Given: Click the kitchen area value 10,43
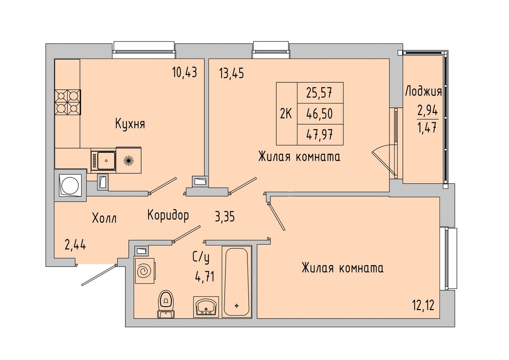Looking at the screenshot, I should click(185, 73).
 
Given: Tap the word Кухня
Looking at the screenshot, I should click(130, 124).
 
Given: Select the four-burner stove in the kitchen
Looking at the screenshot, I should click(68, 102).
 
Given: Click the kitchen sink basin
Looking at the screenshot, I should click(106, 161).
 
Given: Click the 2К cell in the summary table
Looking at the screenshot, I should click(286, 114).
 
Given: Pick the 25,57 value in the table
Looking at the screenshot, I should click(319, 93).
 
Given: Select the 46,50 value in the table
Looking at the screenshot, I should click(319, 114).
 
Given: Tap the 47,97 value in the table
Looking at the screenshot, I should click(319, 135).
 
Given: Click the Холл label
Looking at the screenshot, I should click(104, 218).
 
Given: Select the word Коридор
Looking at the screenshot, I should click(168, 215).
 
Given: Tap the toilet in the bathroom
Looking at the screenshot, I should click(166, 303).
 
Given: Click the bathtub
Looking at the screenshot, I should click(237, 281).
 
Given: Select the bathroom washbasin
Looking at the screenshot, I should click(206, 307).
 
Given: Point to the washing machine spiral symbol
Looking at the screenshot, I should click(144, 271).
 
